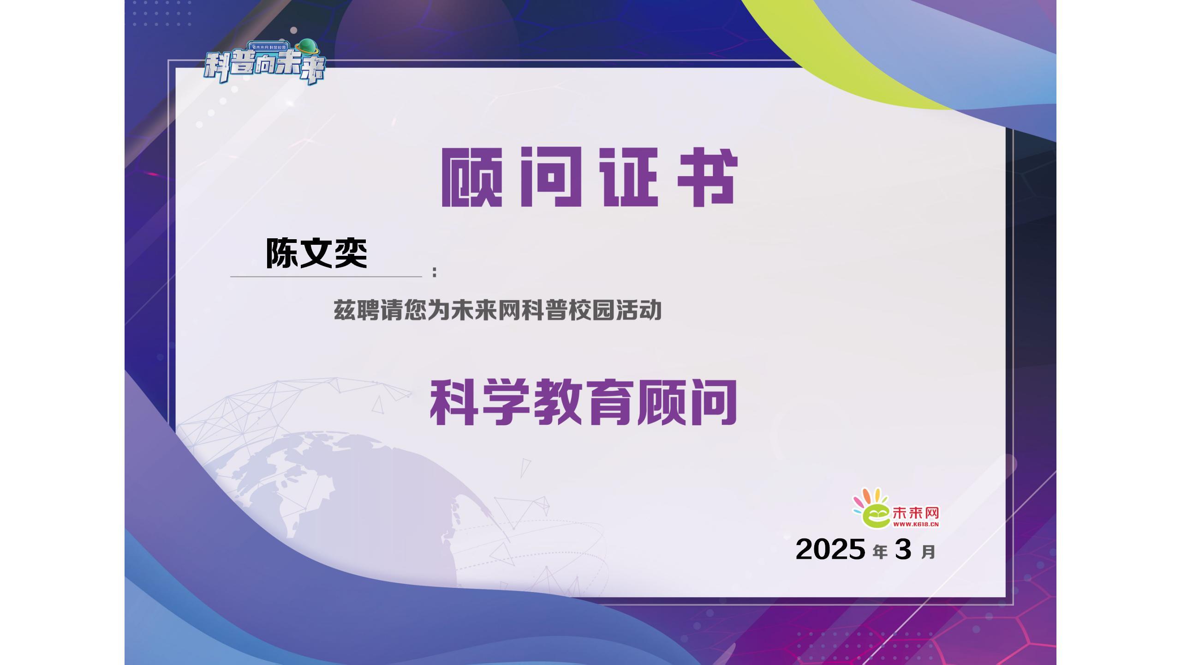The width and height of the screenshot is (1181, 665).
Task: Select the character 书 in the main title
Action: (707, 177)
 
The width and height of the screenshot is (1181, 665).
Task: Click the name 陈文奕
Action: (316, 253)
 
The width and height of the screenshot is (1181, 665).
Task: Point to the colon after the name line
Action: (435, 272)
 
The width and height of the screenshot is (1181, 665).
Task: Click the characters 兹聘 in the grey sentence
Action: (357, 310)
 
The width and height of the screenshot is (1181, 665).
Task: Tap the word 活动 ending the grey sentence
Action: (639, 310)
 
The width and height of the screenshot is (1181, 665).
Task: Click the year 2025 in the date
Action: (830, 550)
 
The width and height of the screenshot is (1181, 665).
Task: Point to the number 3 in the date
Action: (903, 550)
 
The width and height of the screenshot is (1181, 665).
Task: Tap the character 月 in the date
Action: (928, 552)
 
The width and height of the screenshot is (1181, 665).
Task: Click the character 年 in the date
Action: (880, 552)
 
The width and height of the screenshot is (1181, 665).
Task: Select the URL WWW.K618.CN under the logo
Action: (916, 524)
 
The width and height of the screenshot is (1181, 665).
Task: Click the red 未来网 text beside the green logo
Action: (916, 513)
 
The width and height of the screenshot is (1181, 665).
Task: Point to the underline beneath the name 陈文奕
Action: (326, 277)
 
